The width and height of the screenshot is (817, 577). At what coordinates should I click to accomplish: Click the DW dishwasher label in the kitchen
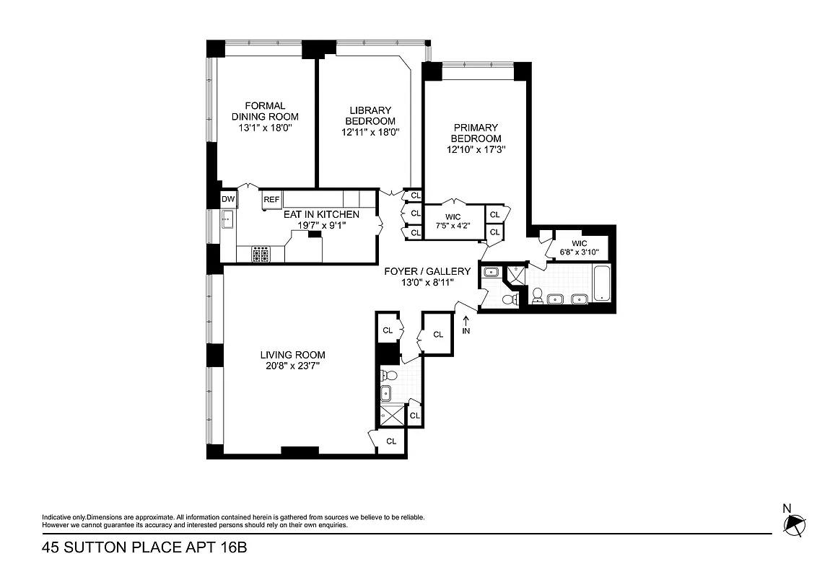pos(228,200)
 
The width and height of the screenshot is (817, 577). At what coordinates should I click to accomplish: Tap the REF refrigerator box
pos(271,200)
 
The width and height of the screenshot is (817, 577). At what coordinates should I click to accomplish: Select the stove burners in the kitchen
pos(261,254)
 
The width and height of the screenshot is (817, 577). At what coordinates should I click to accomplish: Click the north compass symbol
pos(795,525)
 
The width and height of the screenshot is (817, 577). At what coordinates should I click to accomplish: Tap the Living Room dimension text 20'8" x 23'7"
pos(292,366)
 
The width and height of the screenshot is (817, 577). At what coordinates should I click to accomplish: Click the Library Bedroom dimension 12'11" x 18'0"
pos(370,132)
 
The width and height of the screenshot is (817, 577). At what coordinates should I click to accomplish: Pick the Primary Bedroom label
pos(476,133)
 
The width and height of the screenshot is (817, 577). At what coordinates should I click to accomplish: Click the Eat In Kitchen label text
pos(320,214)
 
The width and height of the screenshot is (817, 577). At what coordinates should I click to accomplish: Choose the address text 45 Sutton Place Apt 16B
pos(144,548)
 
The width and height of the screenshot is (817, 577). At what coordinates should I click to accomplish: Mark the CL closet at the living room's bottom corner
pos(390,441)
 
